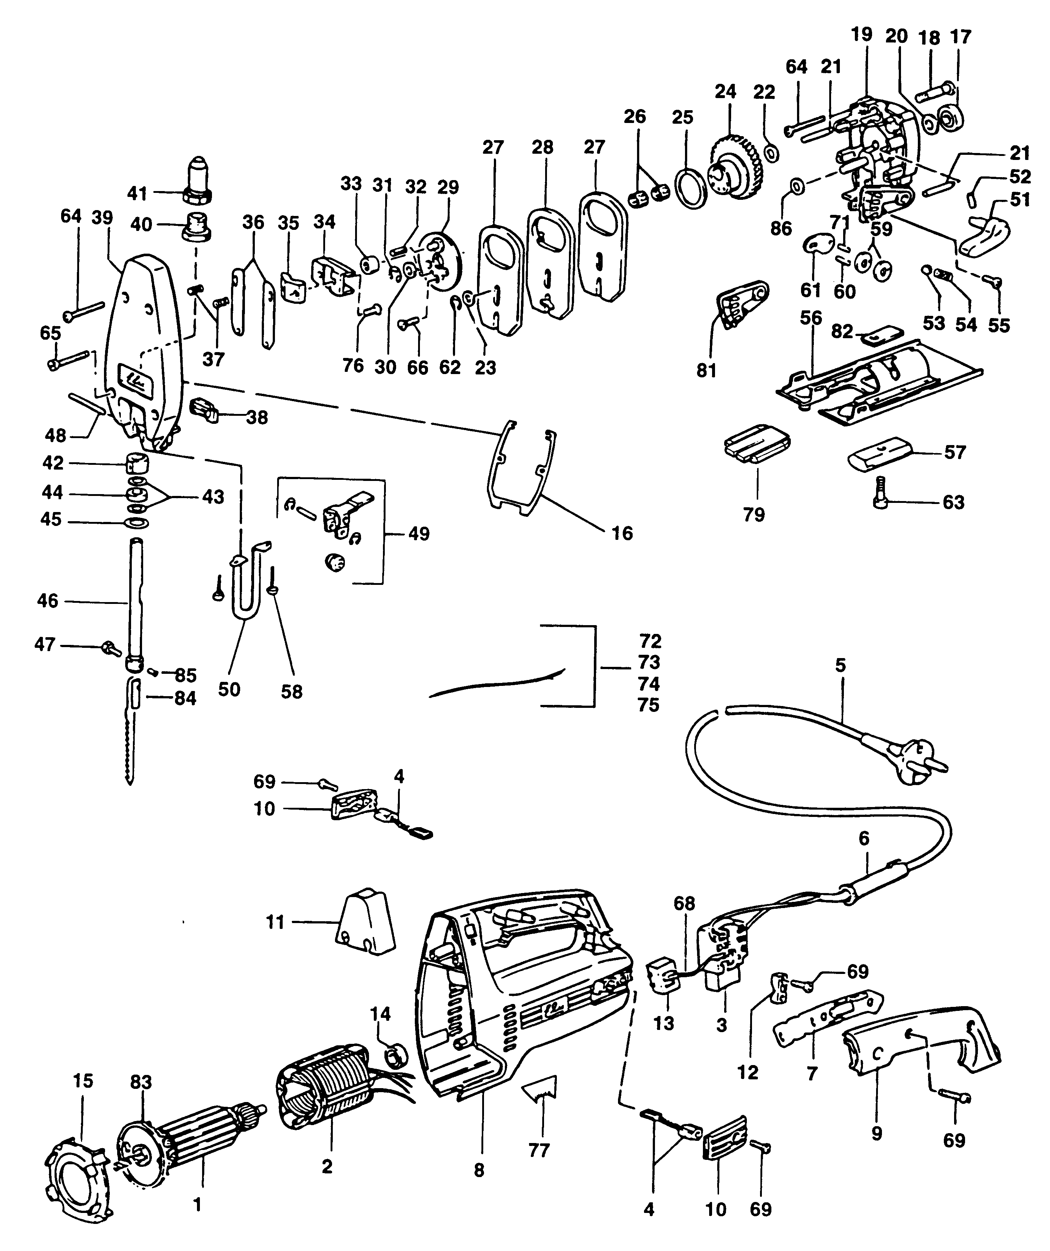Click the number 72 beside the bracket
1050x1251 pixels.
[x=650, y=642]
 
